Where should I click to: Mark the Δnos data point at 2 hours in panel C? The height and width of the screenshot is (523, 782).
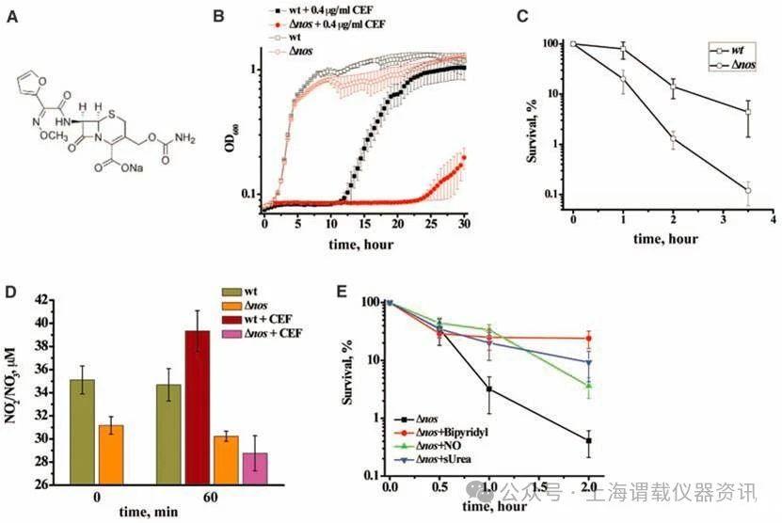click(673, 138)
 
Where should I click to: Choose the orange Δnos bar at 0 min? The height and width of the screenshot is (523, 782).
click(111, 454)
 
